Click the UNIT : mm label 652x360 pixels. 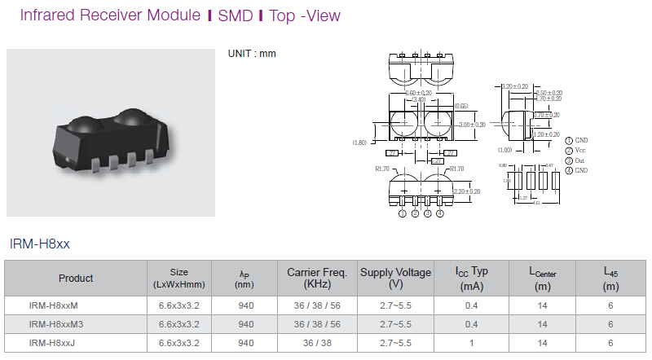[x=252, y=54]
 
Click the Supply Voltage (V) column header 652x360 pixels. [x=395, y=278]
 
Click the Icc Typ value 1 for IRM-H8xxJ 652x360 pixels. [x=472, y=343]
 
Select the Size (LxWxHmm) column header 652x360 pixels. [x=178, y=278]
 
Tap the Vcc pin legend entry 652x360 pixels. [x=580, y=151]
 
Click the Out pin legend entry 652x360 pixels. [x=579, y=160]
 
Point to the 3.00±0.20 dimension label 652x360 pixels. [x=472, y=125]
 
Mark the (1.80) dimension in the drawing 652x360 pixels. [x=359, y=143]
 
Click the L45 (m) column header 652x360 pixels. [x=610, y=278]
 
